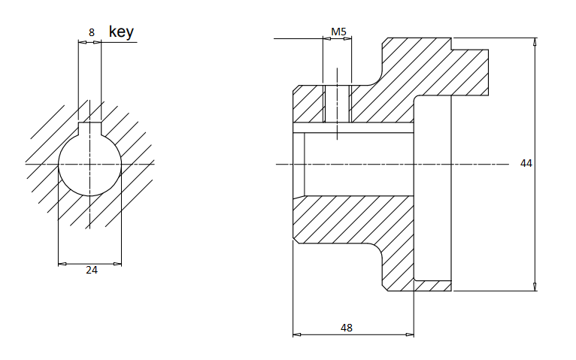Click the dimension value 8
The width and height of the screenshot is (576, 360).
92,32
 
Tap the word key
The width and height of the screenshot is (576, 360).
121,32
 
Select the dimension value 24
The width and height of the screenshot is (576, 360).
92,271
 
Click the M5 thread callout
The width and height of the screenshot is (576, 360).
338,32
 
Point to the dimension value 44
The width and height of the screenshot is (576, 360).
526,163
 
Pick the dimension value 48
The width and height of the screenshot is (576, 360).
347,328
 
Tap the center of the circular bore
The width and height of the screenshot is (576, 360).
90,163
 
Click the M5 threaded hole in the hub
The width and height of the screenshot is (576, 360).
338,103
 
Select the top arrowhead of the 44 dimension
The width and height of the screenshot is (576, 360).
535,42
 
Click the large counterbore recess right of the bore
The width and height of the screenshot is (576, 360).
432,188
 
